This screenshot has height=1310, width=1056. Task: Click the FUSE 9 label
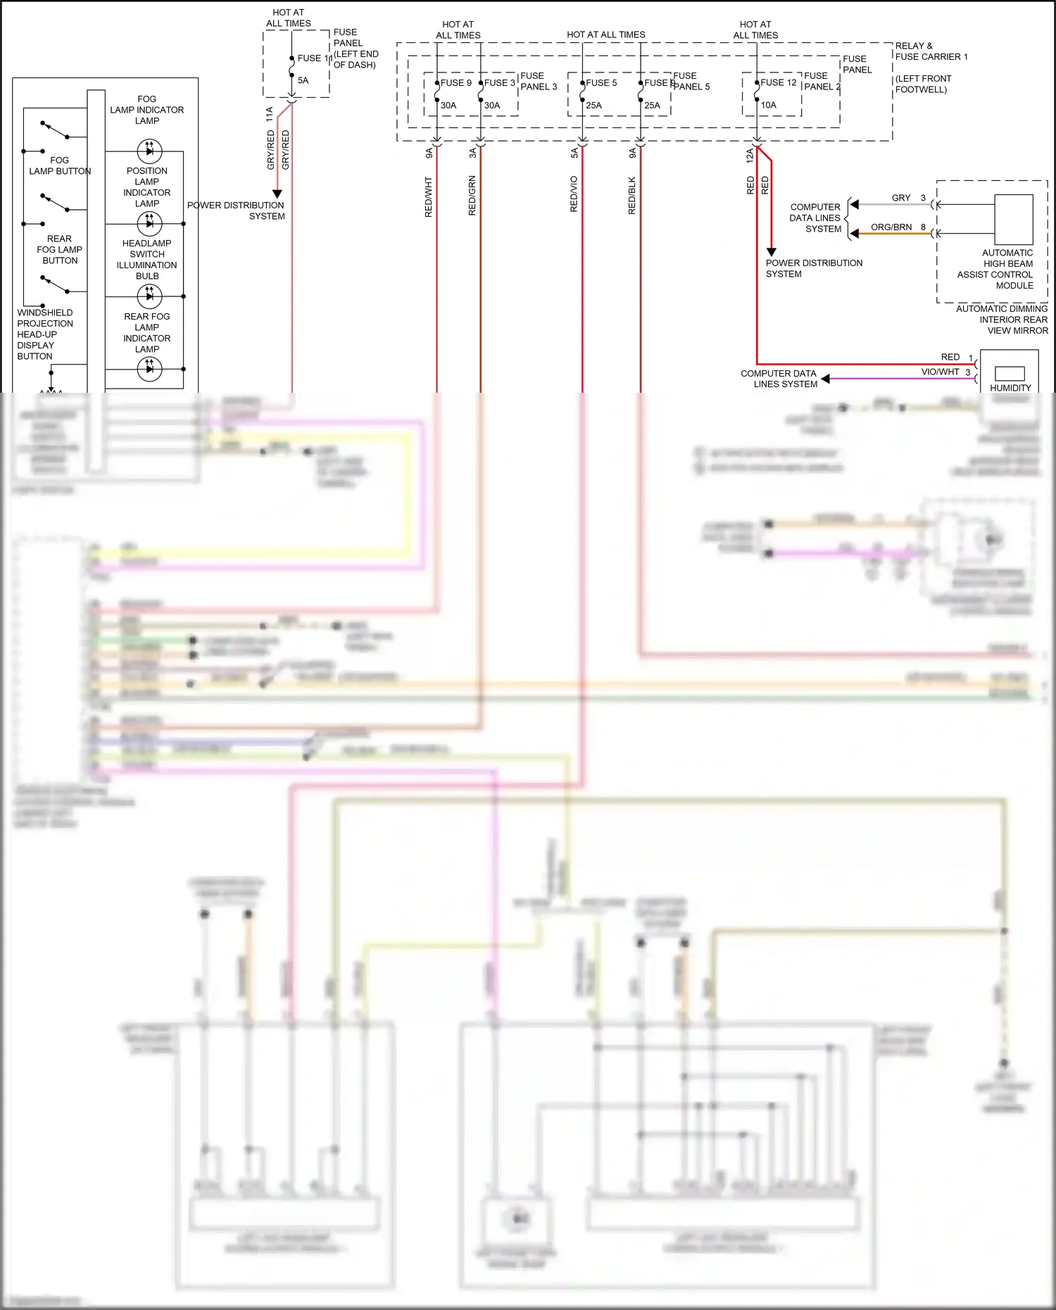pos(456,83)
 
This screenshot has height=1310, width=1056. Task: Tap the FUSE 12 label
pos(779,83)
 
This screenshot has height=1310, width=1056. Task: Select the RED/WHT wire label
pos(428,197)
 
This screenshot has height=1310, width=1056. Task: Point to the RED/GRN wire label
pos(472,196)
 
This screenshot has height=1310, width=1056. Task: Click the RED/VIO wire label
pos(574,194)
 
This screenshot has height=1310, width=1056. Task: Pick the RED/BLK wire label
pos(632,196)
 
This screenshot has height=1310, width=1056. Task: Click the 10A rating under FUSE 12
pos(769,106)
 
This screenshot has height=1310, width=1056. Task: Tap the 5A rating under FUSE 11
pos(303,81)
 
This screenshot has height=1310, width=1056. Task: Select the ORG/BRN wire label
pos(891,227)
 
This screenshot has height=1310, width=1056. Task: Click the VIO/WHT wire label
pos(940,372)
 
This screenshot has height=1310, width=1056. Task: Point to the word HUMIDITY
pos(1010,388)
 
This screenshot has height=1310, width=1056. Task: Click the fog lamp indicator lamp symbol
pos(149,151)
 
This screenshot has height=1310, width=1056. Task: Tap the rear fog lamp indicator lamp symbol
pos(149,369)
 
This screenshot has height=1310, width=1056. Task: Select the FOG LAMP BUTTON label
pos(60,166)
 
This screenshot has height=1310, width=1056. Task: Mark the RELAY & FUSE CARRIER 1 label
pos(931,51)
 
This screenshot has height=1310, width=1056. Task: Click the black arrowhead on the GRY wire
pos(854,205)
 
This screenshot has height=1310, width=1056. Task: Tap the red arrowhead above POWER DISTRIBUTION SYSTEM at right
pos(772,251)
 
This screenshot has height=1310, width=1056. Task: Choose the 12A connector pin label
pos(750,156)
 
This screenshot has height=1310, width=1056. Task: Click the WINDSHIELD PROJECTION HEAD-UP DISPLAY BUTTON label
pos(44,334)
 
